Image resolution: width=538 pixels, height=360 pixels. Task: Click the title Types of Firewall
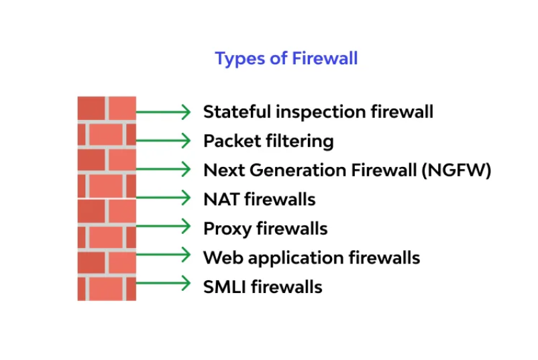click(x=286, y=58)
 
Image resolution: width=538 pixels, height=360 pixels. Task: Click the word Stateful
click(x=237, y=112)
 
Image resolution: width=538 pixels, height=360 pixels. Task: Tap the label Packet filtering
click(x=268, y=141)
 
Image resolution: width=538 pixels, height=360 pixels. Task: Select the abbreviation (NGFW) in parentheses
click(x=456, y=170)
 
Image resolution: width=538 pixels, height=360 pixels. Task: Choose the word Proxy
click(x=227, y=229)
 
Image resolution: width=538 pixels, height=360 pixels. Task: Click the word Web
click(x=223, y=257)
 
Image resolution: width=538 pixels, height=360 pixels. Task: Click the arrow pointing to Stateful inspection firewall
click(x=163, y=112)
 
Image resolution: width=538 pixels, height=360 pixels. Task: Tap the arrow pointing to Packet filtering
click(x=163, y=141)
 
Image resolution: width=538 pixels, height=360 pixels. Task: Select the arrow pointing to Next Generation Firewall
click(x=163, y=169)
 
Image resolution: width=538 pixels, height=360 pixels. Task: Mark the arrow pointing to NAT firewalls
click(x=163, y=198)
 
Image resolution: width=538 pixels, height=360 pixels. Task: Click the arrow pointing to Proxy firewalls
click(x=163, y=226)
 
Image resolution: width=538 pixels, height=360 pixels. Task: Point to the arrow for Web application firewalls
click(x=163, y=254)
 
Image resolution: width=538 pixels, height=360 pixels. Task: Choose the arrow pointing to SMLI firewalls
click(x=163, y=283)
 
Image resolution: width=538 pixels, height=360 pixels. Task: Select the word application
click(x=296, y=258)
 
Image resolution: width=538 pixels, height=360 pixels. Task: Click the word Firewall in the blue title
click(x=325, y=58)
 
